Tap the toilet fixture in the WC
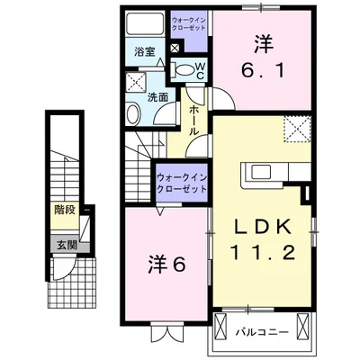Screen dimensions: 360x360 click(x=183, y=69)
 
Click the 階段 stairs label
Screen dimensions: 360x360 click(x=63, y=215)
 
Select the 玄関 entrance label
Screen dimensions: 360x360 click(x=63, y=245)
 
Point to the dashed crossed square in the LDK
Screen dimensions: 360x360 click(x=296, y=130)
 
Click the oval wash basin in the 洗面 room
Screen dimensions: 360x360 click(x=133, y=114)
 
